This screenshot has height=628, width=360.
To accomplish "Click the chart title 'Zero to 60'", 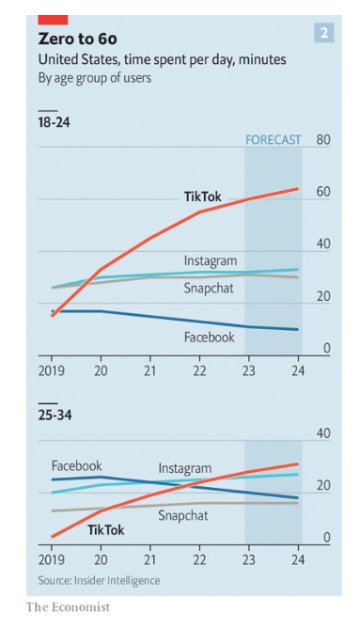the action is [x=78, y=39].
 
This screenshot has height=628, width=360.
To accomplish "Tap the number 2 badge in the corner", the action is [x=324, y=33].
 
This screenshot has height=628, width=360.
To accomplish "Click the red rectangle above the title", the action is [x=53, y=20].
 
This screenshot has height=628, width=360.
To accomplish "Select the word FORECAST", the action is [x=274, y=140].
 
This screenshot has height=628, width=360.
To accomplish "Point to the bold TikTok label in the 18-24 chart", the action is [x=203, y=196].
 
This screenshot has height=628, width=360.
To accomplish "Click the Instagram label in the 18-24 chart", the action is [x=211, y=260].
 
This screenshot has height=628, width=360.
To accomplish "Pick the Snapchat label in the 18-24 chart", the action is [x=209, y=288].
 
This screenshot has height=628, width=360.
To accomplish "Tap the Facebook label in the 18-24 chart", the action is [x=210, y=338].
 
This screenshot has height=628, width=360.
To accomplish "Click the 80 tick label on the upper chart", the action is [x=323, y=140].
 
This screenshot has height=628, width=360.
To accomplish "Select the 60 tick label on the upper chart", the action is [x=323, y=192].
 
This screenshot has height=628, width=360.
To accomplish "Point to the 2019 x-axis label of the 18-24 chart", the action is [x=52, y=370].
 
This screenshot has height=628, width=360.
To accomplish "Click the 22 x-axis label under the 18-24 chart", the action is [x=199, y=370].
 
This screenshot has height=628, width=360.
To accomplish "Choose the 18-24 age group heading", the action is [x=55, y=122].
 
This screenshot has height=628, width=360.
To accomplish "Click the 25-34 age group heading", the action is [x=55, y=415].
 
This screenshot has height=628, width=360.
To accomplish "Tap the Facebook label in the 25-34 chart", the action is [x=77, y=465].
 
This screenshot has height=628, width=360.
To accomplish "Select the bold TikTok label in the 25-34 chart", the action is [x=106, y=530].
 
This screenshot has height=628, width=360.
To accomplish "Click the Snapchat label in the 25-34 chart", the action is [x=183, y=515].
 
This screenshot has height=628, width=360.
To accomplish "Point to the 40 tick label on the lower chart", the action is [x=323, y=433].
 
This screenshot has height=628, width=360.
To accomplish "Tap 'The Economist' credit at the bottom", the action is [x=68, y=606].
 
